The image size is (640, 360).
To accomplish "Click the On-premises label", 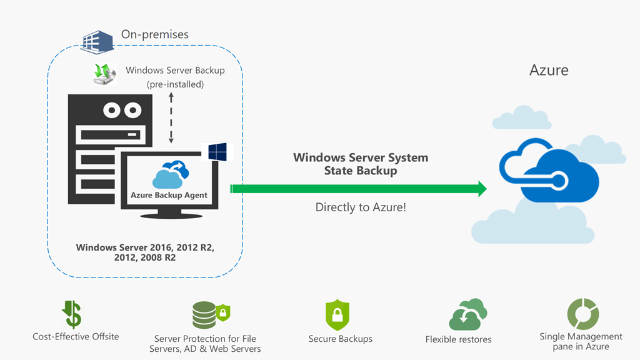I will (x=154, y=34).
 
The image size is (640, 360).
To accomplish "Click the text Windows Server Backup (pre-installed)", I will (x=175, y=77).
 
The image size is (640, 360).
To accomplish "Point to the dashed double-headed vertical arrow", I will (x=171, y=119).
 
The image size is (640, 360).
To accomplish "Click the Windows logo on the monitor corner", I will (x=217, y=151).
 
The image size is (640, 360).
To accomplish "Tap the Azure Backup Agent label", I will (x=169, y=195).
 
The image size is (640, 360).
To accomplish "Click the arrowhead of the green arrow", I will (x=482, y=189).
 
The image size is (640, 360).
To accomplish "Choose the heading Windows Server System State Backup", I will (x=361, y=164).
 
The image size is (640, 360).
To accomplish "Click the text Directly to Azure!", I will (x=361, y=207).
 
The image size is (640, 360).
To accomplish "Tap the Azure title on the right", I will (x=549, y=69).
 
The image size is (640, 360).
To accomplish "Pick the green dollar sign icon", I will (x=73, y=314).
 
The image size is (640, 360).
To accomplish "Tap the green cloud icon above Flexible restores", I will (x=467, y=314).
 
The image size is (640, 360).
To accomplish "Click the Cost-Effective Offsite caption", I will (x=76, y=337).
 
